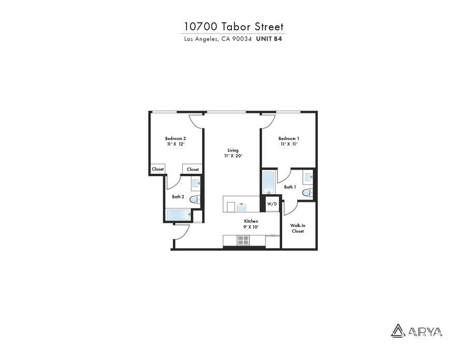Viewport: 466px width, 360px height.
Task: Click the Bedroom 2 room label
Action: pyautogui.click(x=175, y=138)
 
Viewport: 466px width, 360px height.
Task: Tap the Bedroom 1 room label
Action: pyautogui.click(x=288, y=138)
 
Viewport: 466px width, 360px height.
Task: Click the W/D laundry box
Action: pyautogui.click(x=272, y=204)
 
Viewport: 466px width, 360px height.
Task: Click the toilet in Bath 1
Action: pyautogui.click(x=307, y=193)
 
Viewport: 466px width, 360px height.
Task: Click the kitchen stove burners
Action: pyautogui.click(x=243, y=240)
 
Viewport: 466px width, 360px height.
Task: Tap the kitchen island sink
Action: pyautogui.click(x=242, y=207)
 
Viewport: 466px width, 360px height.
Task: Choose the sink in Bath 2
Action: pyautogui.click(x=196, y=182)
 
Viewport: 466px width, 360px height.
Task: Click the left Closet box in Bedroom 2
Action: pyautogui.click(x=157, y=169)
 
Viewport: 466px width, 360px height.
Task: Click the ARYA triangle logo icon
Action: pyautogui.click(x=398, y=330)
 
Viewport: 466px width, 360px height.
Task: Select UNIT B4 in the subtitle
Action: pyautogui.click(x=269, y=38)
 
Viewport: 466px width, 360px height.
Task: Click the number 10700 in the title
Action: pyautogui.click(x=200, y=26)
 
